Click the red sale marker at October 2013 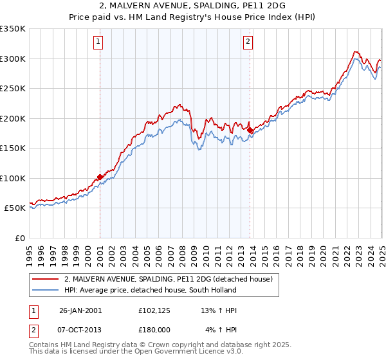point(250,130)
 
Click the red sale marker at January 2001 point(100,177)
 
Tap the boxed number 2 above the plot point(248,42)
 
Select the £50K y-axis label point(15,208)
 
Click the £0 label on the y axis point(20,238)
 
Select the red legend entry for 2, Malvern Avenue point(169,279)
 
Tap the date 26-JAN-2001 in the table point(80,310)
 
